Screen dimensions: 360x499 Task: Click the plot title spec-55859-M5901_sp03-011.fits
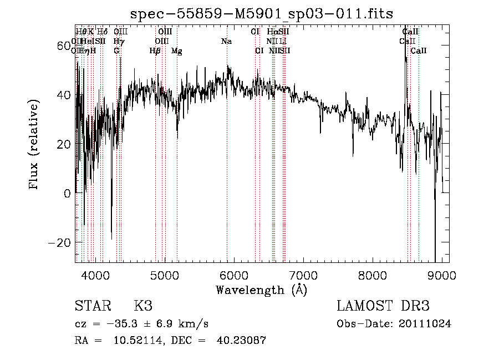pos(261,14)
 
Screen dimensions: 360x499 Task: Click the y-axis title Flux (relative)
pos(34,145)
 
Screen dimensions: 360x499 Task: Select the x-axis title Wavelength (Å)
pos(261,290)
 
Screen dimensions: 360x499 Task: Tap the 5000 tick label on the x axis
pos(165,275)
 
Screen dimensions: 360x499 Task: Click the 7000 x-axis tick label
pos(303,275)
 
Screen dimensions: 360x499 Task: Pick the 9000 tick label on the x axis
pos(441,275)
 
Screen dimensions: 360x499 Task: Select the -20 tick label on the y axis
pos(58,243)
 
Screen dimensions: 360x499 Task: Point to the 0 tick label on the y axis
pos(67,194)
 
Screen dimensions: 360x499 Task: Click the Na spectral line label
pos(226,42)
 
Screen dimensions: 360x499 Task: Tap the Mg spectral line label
pos(176,51)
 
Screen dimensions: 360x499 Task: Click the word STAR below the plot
pos(93,307)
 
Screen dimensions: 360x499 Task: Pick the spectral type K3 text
pos(143,307)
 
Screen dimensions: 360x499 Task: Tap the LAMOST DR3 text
pos(383,307)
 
